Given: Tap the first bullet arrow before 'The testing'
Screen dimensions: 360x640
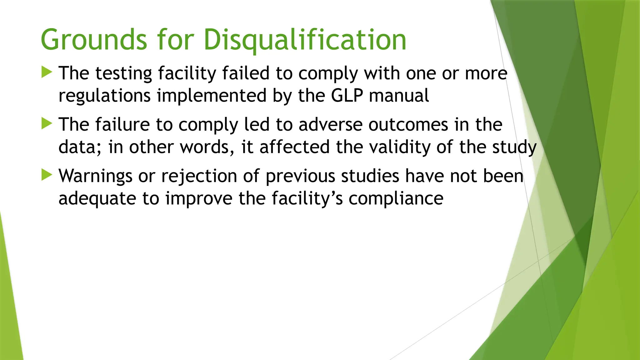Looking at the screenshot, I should pos(47,72).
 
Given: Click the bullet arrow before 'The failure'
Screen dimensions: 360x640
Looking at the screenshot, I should pos(47,124).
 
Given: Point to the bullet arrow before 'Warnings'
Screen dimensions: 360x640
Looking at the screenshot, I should pos(47,175).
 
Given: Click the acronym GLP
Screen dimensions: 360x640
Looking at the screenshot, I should pos(347,95).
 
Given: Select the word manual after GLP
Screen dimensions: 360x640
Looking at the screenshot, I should pos(399,95).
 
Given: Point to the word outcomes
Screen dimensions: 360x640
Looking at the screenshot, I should pos(408,124).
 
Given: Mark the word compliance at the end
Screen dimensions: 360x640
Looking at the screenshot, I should pos(396,198).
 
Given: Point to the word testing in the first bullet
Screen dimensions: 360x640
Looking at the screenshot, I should pos(123,73).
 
